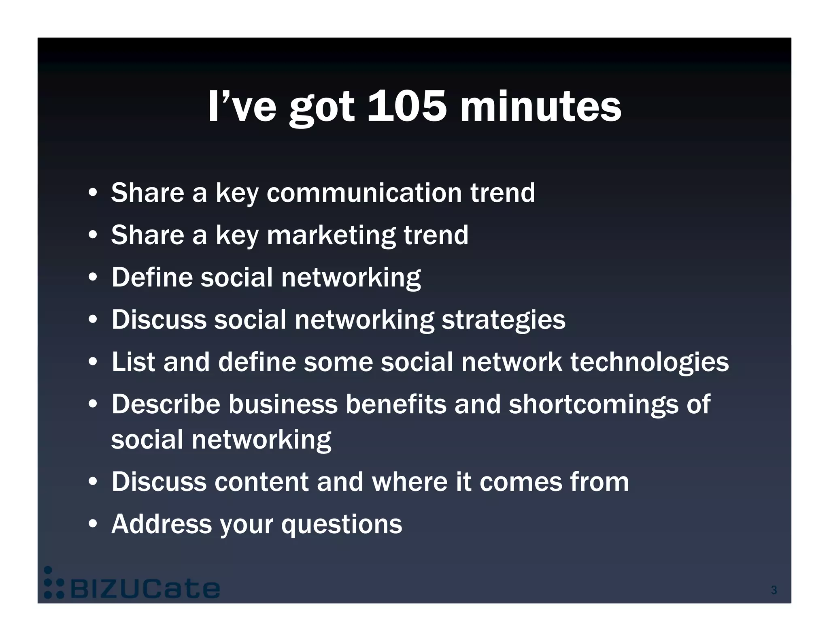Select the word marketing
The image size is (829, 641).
[x=331, y=235]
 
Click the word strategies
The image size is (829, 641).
[x=503, y=320]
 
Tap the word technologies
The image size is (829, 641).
[x=649, y=362]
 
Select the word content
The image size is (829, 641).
[x=261, y=482]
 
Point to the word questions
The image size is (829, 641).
[x=342, y=525]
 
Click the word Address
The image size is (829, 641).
[x=162, y=524]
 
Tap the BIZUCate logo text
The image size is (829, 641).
[x=145, y=589]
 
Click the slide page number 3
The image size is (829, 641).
[x=774, y=590]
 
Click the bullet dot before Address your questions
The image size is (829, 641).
[x=93, y=525]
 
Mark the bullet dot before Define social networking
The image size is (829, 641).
[x=93, y=278]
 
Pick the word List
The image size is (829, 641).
[x=133, y=362]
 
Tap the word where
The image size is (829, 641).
[x=410, y=482]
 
